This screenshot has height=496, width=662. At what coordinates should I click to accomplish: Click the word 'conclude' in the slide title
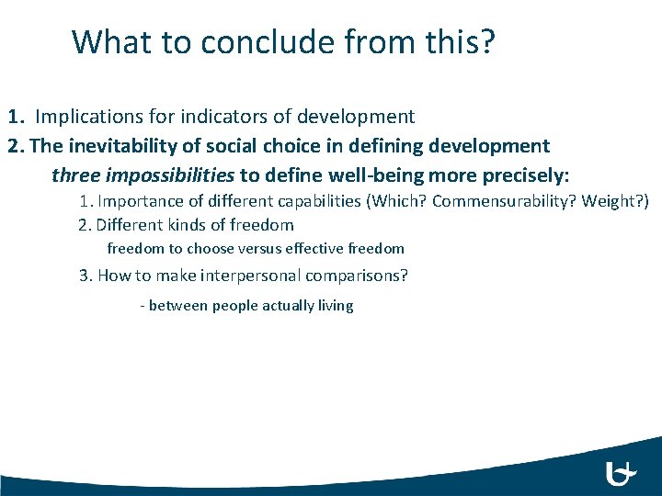(248, 42)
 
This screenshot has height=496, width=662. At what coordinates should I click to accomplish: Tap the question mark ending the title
(487, 42)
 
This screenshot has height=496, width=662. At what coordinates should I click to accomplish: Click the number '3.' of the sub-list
(86, 275)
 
